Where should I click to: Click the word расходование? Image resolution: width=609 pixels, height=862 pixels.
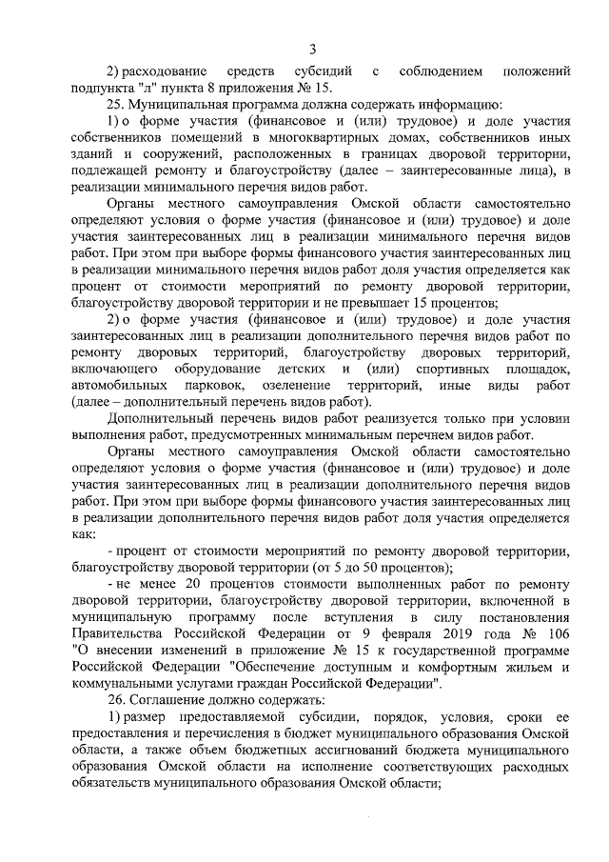point(167,72)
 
